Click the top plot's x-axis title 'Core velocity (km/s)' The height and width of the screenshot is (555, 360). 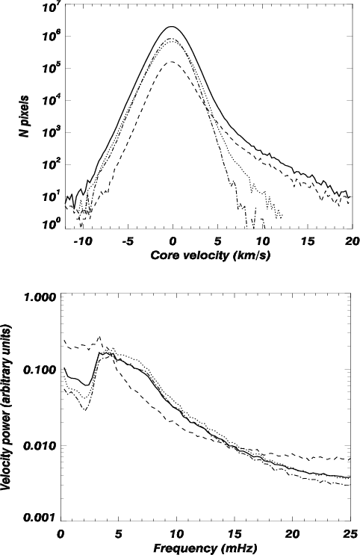click(x=211, y=255)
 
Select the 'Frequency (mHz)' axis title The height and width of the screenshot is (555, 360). click(x=205, y=548)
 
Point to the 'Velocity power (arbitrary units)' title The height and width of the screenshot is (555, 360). click(x=7, y=408)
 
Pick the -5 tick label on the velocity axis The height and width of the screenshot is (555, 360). click(x=128, y=241)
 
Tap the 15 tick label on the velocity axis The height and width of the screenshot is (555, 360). click(x=308, y=241)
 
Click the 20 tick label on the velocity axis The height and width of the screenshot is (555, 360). click(x=353, y=241)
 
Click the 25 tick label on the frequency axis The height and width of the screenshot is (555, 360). click(x=350, y=533)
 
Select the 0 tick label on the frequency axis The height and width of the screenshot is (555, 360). click(x=61, y=533)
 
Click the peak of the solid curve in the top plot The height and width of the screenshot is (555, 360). click(x=172, y=27)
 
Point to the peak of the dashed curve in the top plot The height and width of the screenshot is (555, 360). click(x=173, y=61)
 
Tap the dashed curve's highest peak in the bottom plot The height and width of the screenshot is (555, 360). click(x=100, y=336)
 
